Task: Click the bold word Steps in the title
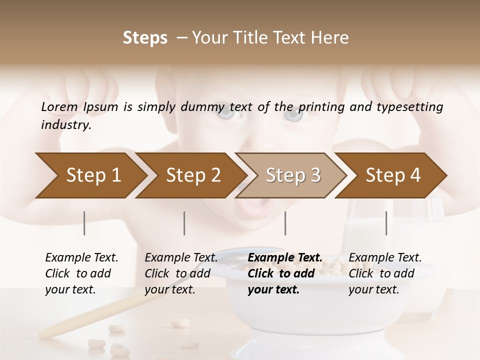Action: pyautogui.click(x=145, y=38)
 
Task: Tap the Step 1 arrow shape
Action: pyautogui.click(x=90, y=175)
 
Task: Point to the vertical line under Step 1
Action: pyautogui.click(x=84, y=223)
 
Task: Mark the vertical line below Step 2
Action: pyautogui.click(x=184, y=223)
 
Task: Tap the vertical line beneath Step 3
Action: pyautogui.click(x=285, y=223)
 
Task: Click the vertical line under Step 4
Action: pyautogui.click(x=386, y=223)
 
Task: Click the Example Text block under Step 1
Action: pyautogui.click(x=81, y=273)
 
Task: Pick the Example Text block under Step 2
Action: pyautogui.click(x=181, y=273)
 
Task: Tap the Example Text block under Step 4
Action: pyautogui.click(x=385, y=273)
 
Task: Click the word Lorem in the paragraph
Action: pyautogui.click(x=59, y=106)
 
